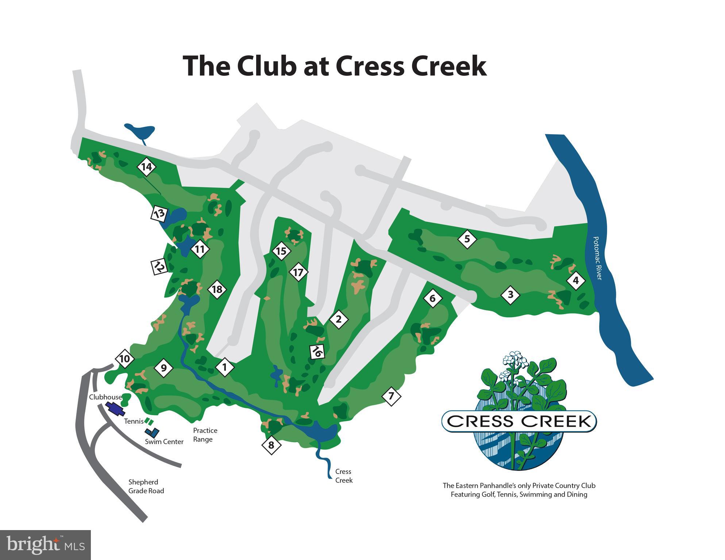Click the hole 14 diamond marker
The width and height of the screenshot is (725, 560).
coord(146,167)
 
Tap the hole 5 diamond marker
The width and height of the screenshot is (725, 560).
coord(467,239)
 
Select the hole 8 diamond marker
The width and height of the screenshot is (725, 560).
coord(271,445)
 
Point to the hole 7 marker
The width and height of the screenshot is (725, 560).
coord(391,396)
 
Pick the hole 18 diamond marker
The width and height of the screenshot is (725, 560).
coord(217,289)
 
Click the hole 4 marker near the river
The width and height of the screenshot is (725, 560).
coord(576,281)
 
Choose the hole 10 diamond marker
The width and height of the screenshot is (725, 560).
coord(124,359)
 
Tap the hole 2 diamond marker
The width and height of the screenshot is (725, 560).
coord(339,319)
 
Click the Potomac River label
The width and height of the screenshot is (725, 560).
coord(597,258)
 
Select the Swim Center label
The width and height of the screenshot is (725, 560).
coord(164,442)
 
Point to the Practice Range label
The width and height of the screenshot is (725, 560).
coord(205,435)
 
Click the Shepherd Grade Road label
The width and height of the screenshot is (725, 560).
coord(146,486)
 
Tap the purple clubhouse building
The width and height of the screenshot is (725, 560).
coord(115,409)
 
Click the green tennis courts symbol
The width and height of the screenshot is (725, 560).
coord(149,421)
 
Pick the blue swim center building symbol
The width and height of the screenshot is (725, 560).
coord(152,432)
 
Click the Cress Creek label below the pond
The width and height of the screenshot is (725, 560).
coord(344,476)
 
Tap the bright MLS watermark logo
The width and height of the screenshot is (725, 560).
coord(45,545)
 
